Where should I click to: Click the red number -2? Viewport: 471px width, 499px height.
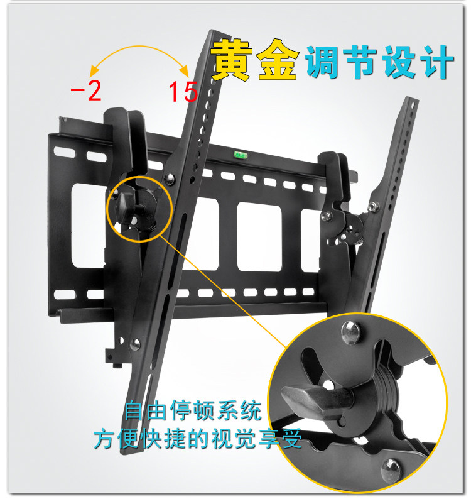[x=86, y=91]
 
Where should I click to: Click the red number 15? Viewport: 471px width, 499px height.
[x=183, y=92]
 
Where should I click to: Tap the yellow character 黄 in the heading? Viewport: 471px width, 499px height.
[x=232, y=60]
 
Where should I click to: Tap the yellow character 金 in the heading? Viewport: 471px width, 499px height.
[x=278, y=60]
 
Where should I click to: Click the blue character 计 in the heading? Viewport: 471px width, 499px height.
[x=436, y=62]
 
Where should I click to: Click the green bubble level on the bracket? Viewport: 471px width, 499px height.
[x=241, y=155]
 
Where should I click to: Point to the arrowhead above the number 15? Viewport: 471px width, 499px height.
[x=185, y=71]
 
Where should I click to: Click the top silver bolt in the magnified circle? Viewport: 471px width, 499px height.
[x=351, y=332]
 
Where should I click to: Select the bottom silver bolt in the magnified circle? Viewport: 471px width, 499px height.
[x=391, y=471]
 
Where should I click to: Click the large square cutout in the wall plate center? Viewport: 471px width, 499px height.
[x=259, y=236]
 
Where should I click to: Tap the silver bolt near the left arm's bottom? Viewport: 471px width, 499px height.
[x=135, y=344]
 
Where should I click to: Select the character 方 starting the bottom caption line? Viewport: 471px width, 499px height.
[x=104, y=439]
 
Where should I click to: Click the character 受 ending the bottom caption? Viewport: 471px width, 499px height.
[x=291, y=439]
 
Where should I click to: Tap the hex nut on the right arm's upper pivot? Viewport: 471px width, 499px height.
[x=374, y=206]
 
